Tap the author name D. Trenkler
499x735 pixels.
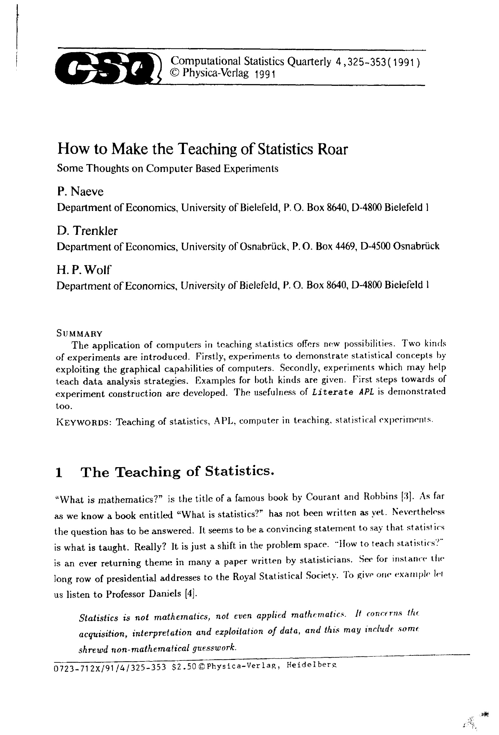(x=87, y=231)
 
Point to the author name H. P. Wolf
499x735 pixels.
(x=84, y=270)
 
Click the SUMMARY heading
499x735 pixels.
(x=79, y=333)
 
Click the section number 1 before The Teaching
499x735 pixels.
(x=58, y=473)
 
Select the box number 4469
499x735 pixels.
(x=344, y=246)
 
